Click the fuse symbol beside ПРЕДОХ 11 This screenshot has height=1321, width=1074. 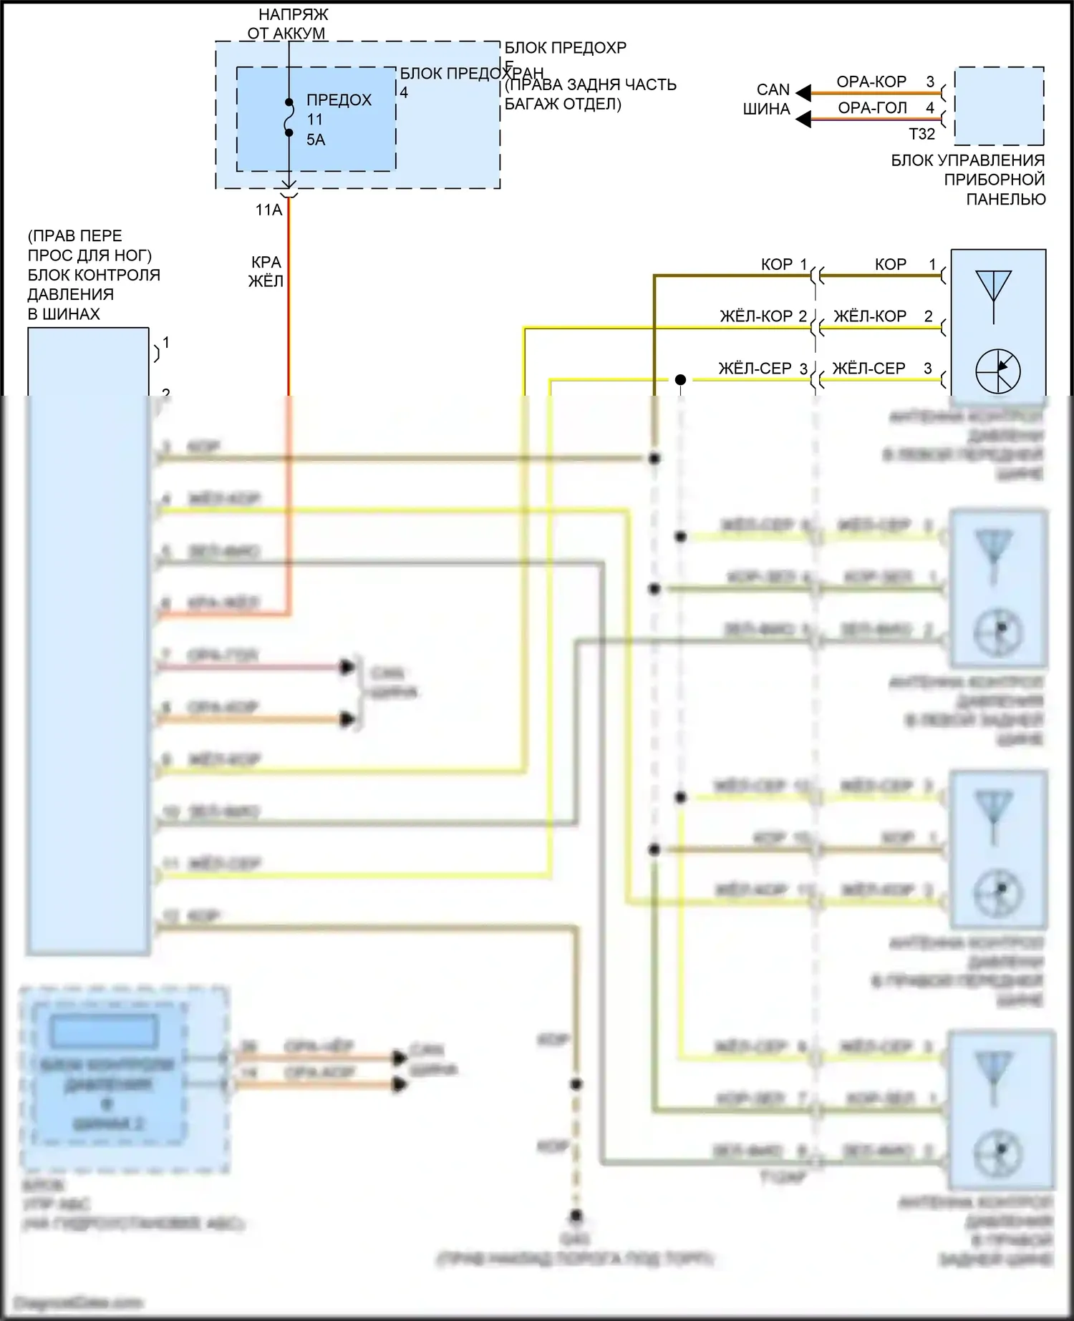pos(289,117)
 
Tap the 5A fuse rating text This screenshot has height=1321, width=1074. pos(316,140)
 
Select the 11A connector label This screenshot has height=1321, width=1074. pos(268,210)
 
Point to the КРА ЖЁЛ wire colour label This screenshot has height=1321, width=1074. pos(266,272)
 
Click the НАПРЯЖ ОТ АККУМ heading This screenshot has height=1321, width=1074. pos(289,24)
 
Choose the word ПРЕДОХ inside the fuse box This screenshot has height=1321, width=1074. pos(339,100)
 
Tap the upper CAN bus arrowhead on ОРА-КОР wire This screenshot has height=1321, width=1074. pos(804,93)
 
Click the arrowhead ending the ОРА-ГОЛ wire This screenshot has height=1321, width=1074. pos(804,119)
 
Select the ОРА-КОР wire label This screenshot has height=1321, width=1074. pos(871,82)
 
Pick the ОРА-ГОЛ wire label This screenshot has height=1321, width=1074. pos(872,108)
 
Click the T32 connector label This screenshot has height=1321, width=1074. pos(921,134)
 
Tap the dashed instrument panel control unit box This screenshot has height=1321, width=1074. pos(999,106)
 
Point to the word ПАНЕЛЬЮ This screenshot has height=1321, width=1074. pos(1005,199)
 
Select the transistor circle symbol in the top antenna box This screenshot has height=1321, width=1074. pos(997,371)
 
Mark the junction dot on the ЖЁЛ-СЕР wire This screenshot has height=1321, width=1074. pos(680,379)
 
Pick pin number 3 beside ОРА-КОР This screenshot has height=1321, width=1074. pos(930,82)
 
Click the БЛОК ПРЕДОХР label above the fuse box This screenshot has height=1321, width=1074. pos(565,48)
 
